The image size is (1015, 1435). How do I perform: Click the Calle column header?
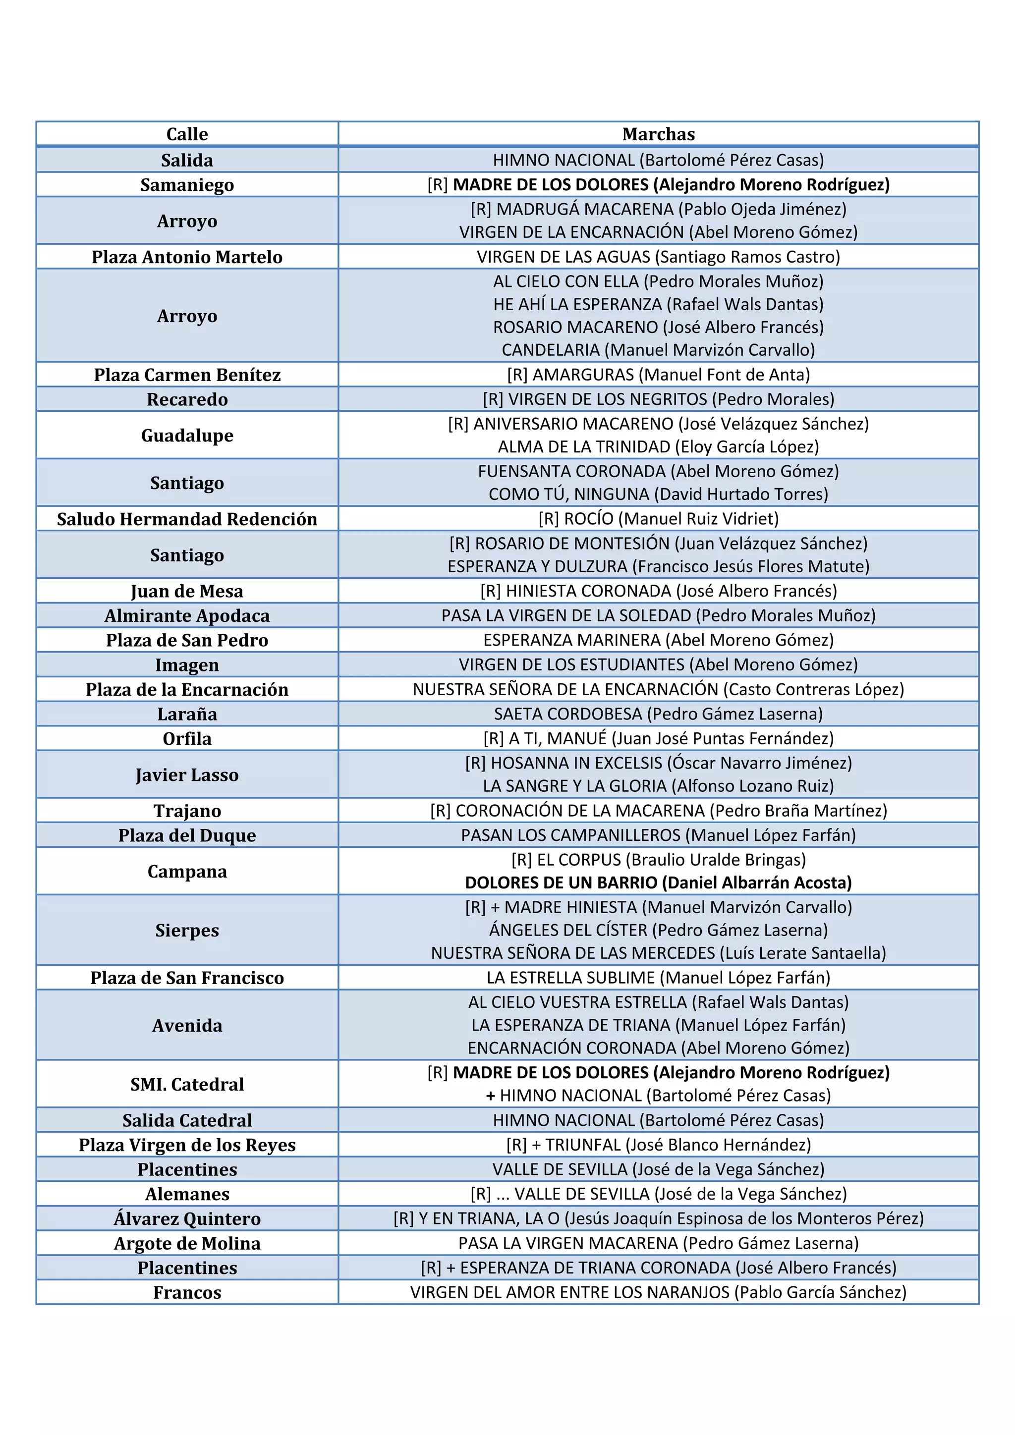click(187, 134)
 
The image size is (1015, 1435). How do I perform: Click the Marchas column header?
click(658, 134)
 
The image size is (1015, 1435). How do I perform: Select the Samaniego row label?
click(187, 185)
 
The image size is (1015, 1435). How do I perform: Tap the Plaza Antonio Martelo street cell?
click(187, 257)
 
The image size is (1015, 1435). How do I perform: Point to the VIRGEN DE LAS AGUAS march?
click(658, 257)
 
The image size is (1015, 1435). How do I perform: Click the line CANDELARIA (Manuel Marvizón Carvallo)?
click(658, 350)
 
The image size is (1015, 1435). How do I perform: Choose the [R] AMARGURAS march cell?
click(658, 375)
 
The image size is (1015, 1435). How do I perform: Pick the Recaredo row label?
click(187, 399)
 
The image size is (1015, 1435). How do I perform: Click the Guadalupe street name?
click(187, 435)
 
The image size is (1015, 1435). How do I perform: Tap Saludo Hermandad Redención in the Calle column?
click(187, 519)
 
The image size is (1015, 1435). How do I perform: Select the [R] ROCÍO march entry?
click(658, 519)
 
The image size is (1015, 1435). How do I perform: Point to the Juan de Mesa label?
click(187, 591)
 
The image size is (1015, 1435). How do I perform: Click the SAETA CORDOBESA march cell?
click(658, 714)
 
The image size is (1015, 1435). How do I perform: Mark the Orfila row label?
click(187, 739)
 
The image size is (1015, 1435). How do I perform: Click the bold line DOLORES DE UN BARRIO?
click(658, 883)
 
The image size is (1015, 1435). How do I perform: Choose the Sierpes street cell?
click(187, 930)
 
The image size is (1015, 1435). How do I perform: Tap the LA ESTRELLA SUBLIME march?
click(658, 978)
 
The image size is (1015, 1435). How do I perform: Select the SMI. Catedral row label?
click(187, 1084)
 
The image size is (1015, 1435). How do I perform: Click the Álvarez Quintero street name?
click(187, 1218)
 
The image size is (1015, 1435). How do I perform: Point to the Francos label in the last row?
click(187, 1292)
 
